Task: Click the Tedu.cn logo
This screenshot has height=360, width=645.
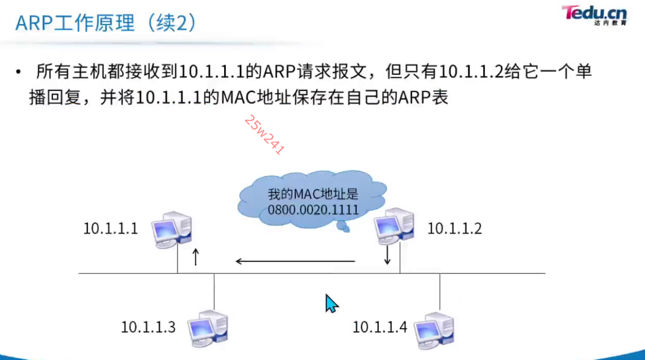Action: (594, 15)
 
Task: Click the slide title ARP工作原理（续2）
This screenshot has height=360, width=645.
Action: (106, 23)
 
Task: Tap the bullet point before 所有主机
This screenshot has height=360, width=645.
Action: (18, 72)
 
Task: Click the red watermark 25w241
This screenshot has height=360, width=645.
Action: (264, 134)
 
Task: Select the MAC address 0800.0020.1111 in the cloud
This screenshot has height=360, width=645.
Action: (313, 210)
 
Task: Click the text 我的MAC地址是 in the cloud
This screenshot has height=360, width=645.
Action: (313, 195)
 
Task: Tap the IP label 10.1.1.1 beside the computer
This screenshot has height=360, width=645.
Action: (110, 229)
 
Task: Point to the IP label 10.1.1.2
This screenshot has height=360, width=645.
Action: (454, 229)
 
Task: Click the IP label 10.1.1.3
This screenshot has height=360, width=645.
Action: (148, 327)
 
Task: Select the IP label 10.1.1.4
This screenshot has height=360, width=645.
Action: (379, 327)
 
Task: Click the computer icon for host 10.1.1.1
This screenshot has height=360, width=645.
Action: (172, 229)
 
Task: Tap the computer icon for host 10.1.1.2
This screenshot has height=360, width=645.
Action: (394, 226)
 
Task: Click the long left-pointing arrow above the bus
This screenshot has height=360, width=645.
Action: (295, 261)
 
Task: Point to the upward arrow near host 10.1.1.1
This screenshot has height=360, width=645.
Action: (196, 257)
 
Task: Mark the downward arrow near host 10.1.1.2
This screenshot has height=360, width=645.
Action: (387, 255)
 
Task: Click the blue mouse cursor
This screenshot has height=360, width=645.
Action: (331, 304)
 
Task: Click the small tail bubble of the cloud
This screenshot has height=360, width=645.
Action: (343, 227)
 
